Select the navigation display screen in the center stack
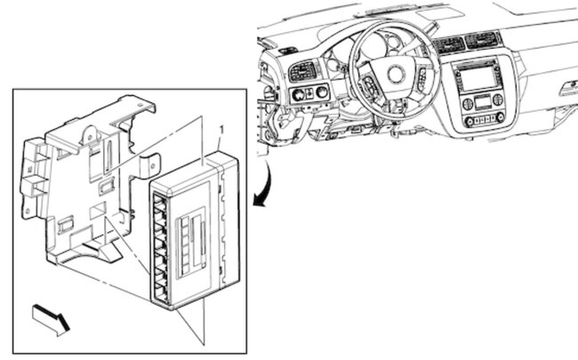478,79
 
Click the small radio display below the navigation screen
480,101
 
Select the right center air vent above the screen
483,40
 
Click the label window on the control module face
190,233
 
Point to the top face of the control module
191,170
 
